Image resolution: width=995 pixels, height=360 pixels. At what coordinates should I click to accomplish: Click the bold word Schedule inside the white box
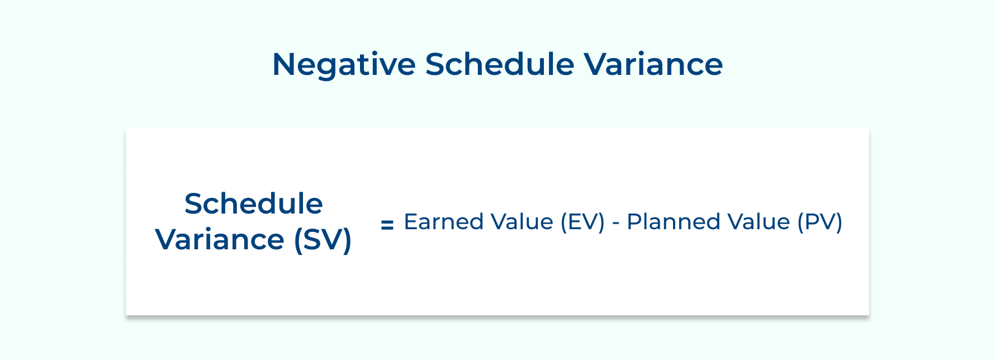254,203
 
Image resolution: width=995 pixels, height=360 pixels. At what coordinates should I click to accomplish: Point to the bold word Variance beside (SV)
220,240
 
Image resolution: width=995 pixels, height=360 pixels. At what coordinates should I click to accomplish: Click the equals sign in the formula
387,225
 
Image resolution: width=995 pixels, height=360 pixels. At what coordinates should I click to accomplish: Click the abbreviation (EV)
582,222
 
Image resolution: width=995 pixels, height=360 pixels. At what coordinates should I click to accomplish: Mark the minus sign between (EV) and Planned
616,223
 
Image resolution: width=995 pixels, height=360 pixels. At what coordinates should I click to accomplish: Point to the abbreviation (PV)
819,222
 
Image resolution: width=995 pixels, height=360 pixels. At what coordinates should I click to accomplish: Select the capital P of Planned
634,222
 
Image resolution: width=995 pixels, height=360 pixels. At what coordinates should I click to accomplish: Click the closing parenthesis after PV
838,222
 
